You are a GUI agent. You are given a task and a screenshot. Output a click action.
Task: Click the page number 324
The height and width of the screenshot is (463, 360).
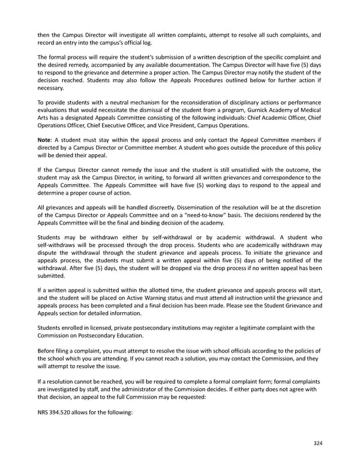[x=317, y=443]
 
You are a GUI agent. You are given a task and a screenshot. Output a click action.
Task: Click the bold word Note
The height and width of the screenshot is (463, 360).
[x=46, y=140]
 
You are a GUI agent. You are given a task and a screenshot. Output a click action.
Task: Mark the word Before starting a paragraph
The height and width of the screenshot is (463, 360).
[x=47, y=350]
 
